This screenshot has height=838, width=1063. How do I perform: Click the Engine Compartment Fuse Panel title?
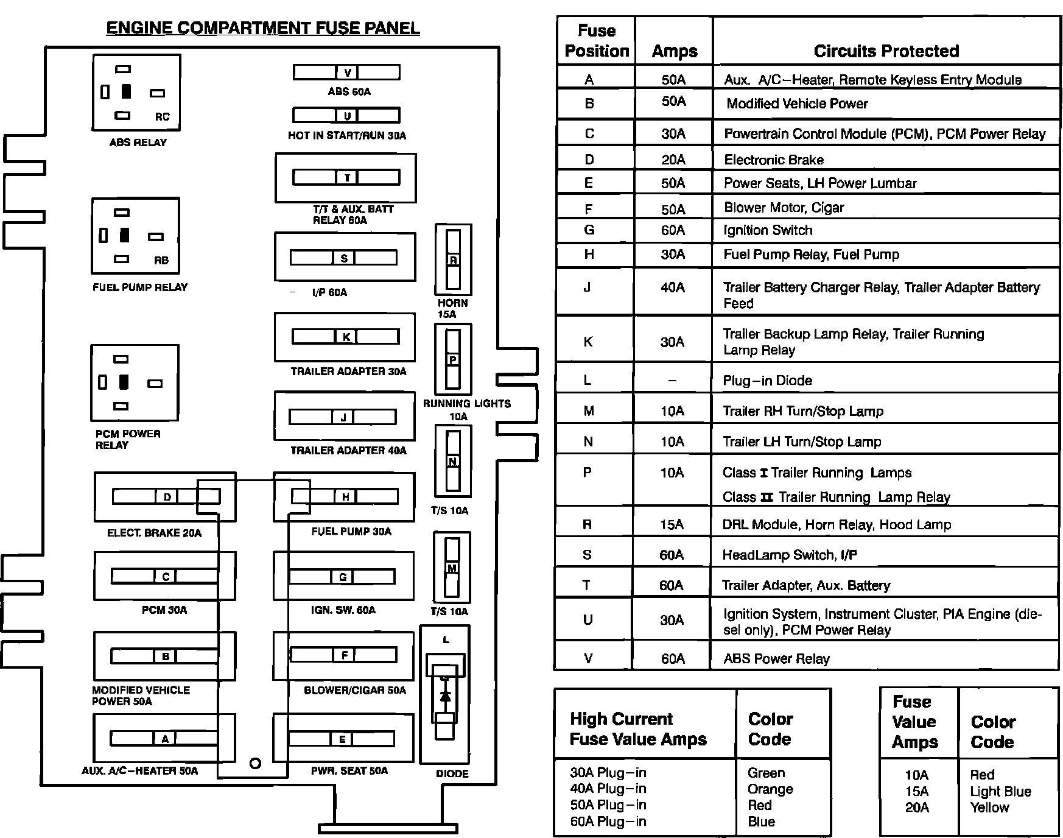(x=263, y=29)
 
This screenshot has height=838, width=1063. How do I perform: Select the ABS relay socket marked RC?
(x=136, y=93)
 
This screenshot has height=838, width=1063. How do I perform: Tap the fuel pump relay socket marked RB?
(x=135, y=236)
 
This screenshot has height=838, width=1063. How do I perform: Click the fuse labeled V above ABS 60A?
(x=347, y=72)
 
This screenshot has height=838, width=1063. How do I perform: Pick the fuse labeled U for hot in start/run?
(x=347, y=115)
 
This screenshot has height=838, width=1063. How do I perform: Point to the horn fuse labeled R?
(x=453, y=260)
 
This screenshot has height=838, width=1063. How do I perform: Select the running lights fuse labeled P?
(x=453, y=360)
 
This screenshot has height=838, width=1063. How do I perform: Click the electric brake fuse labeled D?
(x=166, y=497)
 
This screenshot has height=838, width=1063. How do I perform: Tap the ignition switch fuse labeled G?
(x=342, y=577)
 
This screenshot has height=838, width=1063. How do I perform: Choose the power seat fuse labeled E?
(x=342, y=739)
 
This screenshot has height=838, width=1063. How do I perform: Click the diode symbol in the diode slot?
(x=445, y=695)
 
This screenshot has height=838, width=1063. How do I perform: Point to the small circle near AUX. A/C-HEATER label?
(x=256, y=763)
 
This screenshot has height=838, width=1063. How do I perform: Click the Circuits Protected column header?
(x=886, y=51)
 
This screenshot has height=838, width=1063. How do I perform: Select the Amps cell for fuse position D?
(x=673, y=160)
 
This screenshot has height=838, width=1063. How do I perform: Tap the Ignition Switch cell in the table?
(x=768, y=230)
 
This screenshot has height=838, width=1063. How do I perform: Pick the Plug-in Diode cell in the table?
(x=767, y=381)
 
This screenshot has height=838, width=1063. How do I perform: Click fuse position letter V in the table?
(x=588, y=658)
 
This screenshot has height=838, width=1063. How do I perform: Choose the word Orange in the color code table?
(x=770, y=789)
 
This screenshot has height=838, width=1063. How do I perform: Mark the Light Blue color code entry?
(x=1000, y=792)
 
